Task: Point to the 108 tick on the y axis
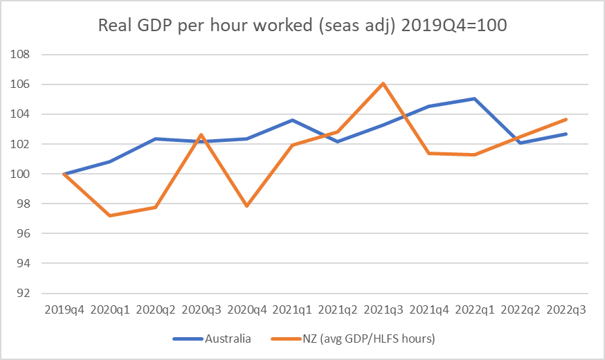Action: pos(23,54)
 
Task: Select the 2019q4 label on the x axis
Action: pos(64,309)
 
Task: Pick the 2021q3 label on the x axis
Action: pos(383,309)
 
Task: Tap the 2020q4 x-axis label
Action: pos(246,309)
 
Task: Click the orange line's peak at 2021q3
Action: pos(383,84)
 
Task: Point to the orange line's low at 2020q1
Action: pos(109,215)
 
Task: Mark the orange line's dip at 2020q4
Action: pos(246,206)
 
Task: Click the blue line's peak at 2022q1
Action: pos(475,98)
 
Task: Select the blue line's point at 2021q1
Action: pos(292,120)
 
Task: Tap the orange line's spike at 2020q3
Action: pos(201,134)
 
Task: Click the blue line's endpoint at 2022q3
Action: pos(566,134)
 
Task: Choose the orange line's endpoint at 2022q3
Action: pos(566,119)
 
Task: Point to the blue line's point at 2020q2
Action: pos(155,138)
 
